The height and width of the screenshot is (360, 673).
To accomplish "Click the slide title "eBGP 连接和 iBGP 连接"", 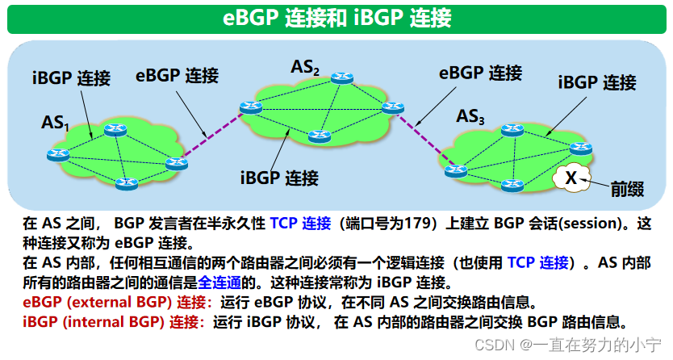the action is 336,18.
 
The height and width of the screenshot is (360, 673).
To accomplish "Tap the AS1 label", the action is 56,123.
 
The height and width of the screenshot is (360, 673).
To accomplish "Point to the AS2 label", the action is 305,68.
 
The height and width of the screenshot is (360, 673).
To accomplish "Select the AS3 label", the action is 470,118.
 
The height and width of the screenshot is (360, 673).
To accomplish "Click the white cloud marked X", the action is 571,178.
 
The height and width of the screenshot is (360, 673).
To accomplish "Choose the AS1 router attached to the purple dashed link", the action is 176,164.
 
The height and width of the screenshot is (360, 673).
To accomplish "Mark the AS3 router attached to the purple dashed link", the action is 457,170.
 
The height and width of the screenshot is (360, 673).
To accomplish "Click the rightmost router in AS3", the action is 580,147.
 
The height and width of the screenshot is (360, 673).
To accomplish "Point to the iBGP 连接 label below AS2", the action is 279,177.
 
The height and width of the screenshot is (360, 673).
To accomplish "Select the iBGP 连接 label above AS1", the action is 71,78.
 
